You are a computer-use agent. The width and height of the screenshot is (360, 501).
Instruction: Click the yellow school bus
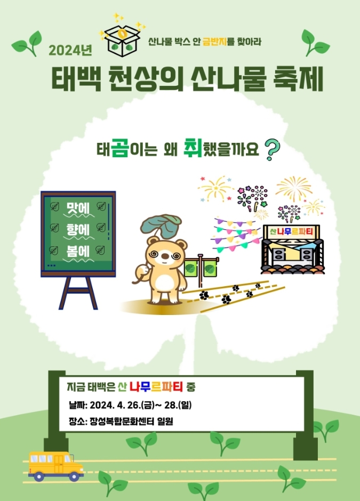coord(55,465)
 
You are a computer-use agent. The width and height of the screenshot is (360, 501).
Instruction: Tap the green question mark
coord(273,149)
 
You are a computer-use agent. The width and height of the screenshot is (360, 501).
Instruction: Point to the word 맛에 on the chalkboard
coord(77,207)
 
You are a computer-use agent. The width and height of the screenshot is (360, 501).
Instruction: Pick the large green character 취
coord(191,147)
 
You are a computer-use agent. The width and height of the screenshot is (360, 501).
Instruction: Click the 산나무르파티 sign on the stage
coord(292,232)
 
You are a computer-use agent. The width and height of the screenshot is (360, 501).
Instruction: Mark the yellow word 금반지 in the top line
coord(215,42)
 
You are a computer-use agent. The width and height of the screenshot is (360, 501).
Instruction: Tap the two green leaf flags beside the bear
coord(201,268)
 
